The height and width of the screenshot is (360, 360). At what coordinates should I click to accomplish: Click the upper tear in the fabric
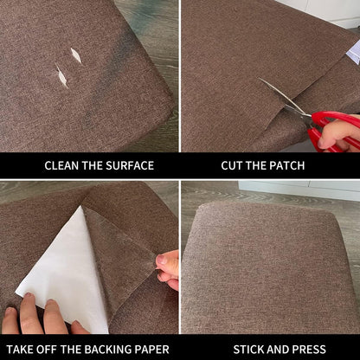(76, 55)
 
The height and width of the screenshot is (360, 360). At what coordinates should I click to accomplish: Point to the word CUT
(233, 165)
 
